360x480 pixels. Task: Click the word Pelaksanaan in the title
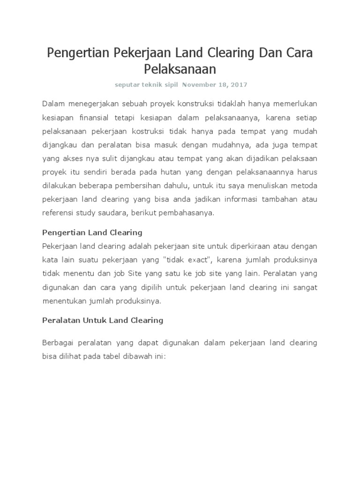(180, 69)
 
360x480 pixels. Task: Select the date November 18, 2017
(215, 85)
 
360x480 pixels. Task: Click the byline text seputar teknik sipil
(146, 85)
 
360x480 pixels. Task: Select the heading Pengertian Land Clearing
(92, 232)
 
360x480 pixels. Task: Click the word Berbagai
(58, 343)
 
